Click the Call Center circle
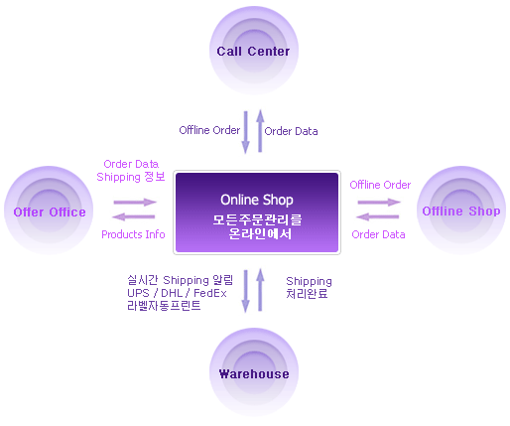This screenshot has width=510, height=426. tap(254, 51)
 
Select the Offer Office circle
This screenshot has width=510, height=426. tap(49, 211)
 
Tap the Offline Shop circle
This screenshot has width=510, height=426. tap(461, 211)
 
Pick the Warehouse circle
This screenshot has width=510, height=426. tap(254, 372)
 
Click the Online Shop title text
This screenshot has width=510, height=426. tap(257, 200)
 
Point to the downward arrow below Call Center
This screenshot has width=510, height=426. tap(245, 132)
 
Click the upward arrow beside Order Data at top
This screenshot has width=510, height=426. tap(260, 131)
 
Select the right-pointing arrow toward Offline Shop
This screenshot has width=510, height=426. tap(379, 202)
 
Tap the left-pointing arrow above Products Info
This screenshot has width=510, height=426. tap(134, 216)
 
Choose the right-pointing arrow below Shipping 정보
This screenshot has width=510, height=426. tap(135, 202)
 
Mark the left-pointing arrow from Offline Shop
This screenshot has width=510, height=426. tap(377, 216)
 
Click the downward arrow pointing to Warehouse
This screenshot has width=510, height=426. tap(245, 291)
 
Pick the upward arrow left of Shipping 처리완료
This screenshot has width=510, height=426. tap(260, 290)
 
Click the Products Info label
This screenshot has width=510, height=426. tap(133, 234)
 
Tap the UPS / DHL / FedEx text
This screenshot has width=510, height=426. tap(177, 293)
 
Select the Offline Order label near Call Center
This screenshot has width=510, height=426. tap(209, 130)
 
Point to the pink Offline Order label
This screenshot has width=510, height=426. tap(380, 185)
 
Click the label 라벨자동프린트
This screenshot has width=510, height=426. tap(164, 305)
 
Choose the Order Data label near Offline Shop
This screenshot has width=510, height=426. tap(378, 234)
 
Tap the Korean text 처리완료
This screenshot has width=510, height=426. tap(307, 293)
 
